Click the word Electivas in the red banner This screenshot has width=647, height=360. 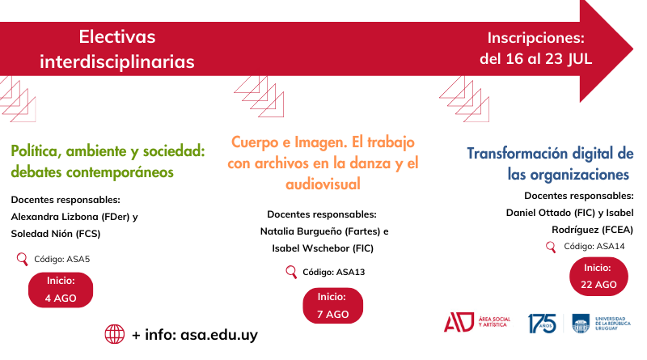pyautogui.click(x=117, y=36)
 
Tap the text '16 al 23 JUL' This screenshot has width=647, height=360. pyautogui.click(x=549, y=58)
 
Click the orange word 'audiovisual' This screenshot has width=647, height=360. pyautogui.click(x=323, y=184)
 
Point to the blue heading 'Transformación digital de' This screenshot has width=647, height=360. pyautogui.click(x=551, y=154)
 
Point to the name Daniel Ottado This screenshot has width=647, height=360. pyautogui.click(x=539, y=213)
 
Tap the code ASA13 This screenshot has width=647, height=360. pyautogui.click(x=351, y=272)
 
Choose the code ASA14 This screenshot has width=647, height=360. pyautogui.click(x=611, y=247)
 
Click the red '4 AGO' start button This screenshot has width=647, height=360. pyautogui.click(x=61, y=290)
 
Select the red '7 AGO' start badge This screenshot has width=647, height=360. pyautogui.click(x=333, y=306)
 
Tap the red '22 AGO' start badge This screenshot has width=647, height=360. pyautogui.click(x=598, y=276)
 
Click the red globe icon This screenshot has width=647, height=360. pyautogui.click(x=115, y=334)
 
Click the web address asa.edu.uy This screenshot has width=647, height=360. pyautogui.click(x=219, y=334)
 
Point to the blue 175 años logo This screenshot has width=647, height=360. pyautogui.click(x=542, y=324)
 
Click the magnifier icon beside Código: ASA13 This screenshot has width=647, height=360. pyautogui.click(x=291, y=272)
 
